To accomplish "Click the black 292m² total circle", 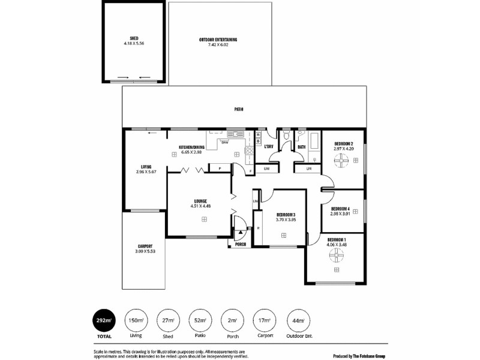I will pyautogui.click(x=104, y=320).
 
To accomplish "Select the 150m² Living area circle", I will pyautogui.click(x=136, y=320).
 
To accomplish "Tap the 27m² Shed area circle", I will pyautogui.click(x=169, y=320).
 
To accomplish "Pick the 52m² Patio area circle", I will pyautogui.click(x=200, y=320).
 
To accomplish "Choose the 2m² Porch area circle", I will pyautogui.click(x=233, y=320).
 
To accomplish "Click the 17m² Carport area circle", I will pyautogui.click(x=265, y=320).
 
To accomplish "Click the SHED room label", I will pyautogui.click(x=134, y=38).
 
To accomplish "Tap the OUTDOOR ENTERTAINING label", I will pyautogui.click(x=218, y=40).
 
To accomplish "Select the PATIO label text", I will pyautogui.click(x=239, y=109).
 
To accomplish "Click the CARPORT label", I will pyautogui.click(x=145, y=246).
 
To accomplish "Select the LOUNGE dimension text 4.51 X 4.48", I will pyautogui.click(x=200, y=206).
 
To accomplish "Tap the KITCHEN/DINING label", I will pyautogui.click(x=192, y=147).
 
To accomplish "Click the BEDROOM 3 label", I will pyautogui.click(x=286, y=215).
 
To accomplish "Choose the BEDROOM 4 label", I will pyautogui.click(x=340, y=208).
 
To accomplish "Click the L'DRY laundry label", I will pyautogui.click(x=269, y=146).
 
